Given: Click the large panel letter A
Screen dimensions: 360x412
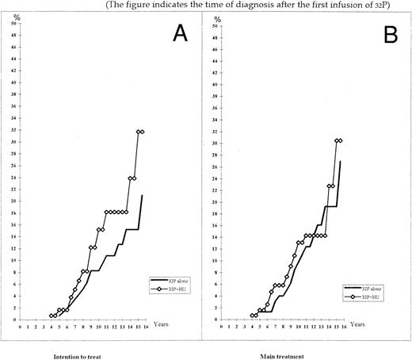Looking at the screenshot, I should click(177, 33).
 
